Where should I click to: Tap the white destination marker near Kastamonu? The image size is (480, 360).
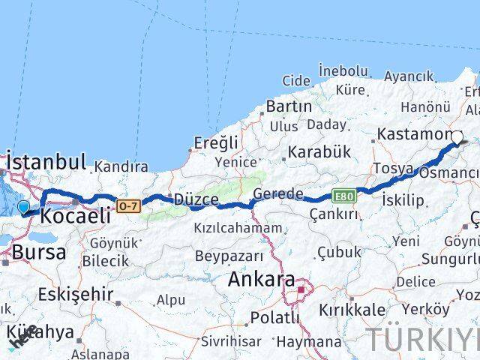coord(457,137)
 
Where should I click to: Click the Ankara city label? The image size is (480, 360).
coord(260,280)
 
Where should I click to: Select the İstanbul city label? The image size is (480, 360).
coord(46,161)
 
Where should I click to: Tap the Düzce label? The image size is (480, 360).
coord(196,199)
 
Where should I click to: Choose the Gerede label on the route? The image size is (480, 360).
coord(278,194)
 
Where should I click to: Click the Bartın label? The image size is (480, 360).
coord(289,106)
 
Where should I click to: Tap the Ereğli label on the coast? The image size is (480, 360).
coord(215,142)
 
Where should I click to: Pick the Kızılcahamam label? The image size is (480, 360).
coord(238,228)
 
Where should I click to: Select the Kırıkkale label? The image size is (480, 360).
coord(352,310)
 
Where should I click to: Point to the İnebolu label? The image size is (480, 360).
coord(343,70)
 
